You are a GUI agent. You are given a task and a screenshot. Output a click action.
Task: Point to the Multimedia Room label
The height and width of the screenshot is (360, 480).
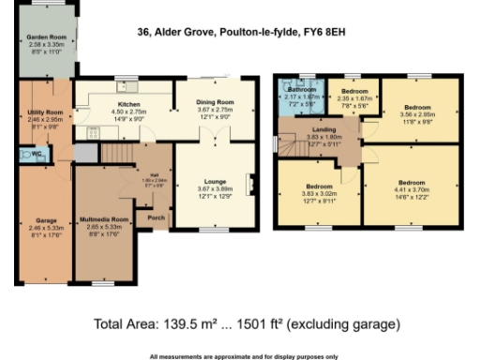pyautogui.click(x=103, y=217)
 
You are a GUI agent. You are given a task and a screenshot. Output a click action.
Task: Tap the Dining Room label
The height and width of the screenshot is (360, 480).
pyautogui.click(x=215, y=104)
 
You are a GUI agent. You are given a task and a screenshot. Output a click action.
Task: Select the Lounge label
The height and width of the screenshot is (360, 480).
pyautogui.click(x=216, y=182)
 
